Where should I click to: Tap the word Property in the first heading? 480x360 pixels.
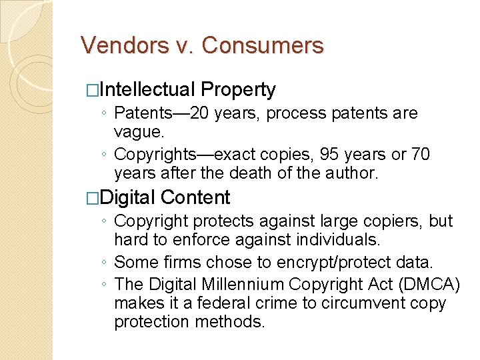click(x=238, y=90)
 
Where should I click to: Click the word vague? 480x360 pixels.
click(x=139, y=132)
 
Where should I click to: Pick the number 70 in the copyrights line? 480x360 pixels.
click(x=419, y=155)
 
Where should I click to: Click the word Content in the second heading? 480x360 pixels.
click(x=195, y=197)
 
